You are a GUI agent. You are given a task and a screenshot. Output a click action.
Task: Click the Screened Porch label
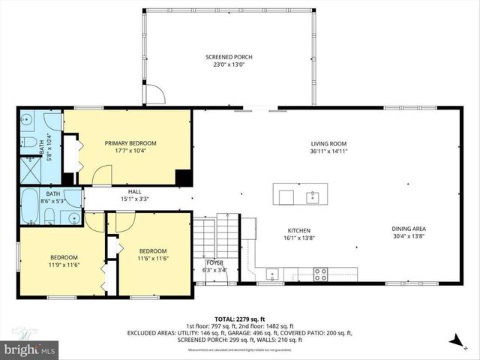(x=229, y=57)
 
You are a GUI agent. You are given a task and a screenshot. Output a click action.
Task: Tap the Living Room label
(x=328, y=143)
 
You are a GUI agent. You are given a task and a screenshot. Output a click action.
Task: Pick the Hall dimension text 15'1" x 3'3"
(x=135, y=199)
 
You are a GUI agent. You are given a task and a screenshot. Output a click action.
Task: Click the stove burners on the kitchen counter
(x=319, y=273)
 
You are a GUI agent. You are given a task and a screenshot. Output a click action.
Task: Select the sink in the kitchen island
(x=312, y=197)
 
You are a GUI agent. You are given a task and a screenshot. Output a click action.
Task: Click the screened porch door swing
(x=154, y=95)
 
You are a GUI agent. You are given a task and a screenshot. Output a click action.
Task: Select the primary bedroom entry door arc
(x=101, y=175)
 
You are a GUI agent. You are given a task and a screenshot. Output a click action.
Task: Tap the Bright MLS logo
(x=30, y=349)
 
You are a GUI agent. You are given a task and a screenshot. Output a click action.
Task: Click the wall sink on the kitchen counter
(x=271, y=273)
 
